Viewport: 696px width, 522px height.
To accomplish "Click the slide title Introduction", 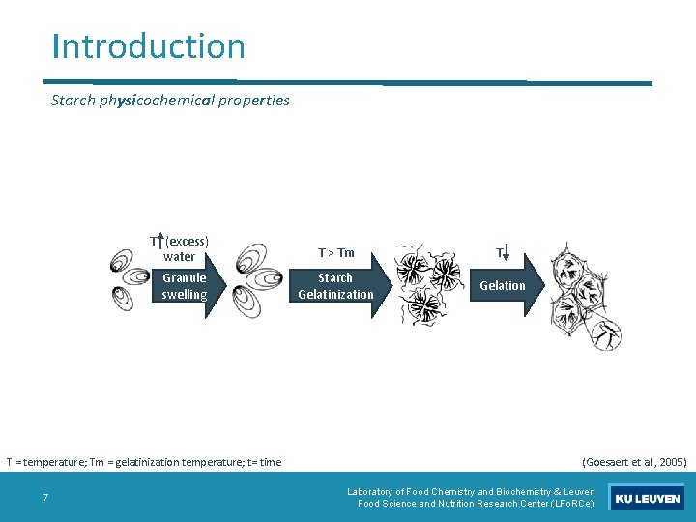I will pos(149,46).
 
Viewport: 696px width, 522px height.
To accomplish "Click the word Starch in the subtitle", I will pos(73,101).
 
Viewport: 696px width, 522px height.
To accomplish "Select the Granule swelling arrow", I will pos(188,286).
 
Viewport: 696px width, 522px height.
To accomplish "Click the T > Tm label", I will pos(335,253).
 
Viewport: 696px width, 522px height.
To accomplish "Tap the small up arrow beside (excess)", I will pos(159,242).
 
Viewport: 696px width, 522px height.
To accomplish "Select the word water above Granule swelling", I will pos(179,257).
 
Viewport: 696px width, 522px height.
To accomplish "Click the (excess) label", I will pos(188,241).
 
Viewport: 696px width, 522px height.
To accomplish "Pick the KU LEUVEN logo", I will pos(647,499).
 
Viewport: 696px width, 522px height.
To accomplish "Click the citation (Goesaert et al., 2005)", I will pos(634,462).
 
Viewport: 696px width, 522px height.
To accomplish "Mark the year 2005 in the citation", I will pos(670,462).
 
